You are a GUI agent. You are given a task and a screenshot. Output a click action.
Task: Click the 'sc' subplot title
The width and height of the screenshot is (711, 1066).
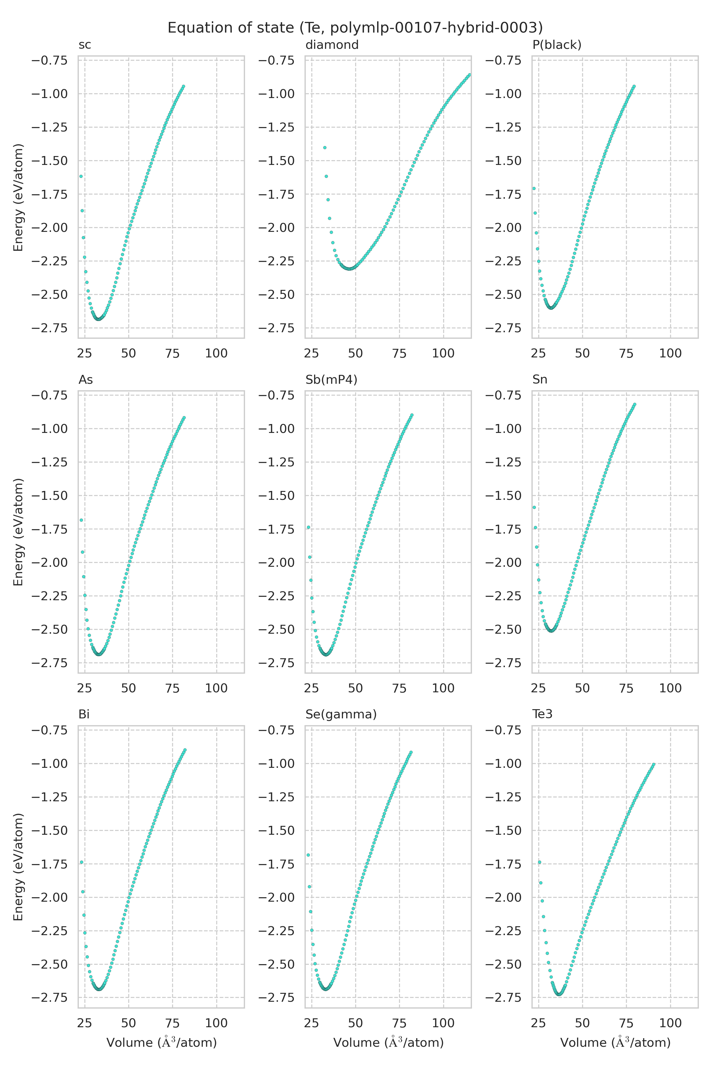(85, 45)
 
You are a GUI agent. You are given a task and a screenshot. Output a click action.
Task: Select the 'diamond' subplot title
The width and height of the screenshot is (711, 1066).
(332, 45)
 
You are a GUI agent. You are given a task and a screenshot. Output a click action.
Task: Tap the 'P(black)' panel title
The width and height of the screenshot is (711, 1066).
(557, 45)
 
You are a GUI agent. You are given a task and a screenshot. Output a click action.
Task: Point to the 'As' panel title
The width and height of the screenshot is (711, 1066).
(86, 380)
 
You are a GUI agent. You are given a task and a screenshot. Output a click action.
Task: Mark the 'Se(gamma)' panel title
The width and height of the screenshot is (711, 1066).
(341, 714)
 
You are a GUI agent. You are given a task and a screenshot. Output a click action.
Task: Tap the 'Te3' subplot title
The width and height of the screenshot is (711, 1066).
(542, 714)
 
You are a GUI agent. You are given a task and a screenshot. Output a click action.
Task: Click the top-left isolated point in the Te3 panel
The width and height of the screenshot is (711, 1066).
(539, 862)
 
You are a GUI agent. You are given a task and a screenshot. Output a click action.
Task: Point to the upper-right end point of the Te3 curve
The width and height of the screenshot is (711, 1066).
(654, 765)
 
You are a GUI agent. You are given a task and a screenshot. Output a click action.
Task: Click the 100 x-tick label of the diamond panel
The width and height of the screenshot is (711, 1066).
(443, 354)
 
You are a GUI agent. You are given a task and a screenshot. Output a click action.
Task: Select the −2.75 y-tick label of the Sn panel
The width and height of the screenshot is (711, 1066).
(503, 663)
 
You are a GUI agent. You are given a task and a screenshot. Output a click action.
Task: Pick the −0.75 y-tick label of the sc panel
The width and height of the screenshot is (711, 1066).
(49, 60)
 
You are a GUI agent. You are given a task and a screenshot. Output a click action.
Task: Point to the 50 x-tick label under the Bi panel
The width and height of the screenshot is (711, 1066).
(128, 1023)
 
